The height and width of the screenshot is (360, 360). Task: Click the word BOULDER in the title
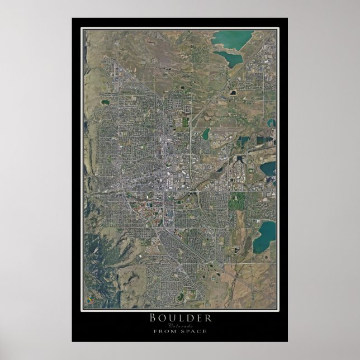click(x=180, y=318)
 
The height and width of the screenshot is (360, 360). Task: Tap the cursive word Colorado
click(x=180, y=325)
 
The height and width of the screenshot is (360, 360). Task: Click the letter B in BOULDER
click(x=152, y=318)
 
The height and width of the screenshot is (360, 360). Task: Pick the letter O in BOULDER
click(x=162, y=318)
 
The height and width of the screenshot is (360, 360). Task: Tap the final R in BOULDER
click(x=208, y=318)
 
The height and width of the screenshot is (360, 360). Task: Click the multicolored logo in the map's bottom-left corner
click(x=88, y=300)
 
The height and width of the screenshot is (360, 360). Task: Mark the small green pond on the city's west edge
click(x=105, y=102)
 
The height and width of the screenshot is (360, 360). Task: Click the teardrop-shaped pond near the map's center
click(x=206, y=134)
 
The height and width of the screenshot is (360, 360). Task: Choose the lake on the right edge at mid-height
click(x=268, y=168)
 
